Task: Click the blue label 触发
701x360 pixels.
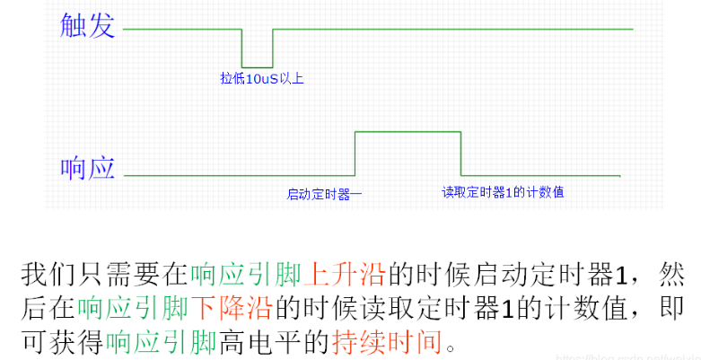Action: coord(87,26)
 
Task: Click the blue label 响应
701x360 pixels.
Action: coord(87,168)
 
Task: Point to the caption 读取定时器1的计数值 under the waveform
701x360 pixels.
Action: coord(503,192)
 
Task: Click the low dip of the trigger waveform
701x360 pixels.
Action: coord(258,66)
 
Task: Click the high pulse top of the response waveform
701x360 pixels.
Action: coord(408,132)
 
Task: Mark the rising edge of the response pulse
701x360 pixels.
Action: coord(355,153)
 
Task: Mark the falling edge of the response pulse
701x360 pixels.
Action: coord(461,153)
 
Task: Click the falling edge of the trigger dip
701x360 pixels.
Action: coord(242,48)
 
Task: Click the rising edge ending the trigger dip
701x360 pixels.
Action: coord(273,48)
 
